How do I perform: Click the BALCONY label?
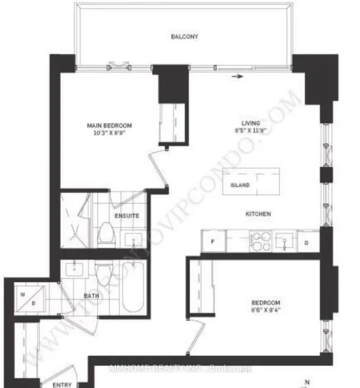tap(185, 37)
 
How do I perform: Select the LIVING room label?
tap(251, 123)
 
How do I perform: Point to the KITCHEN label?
tap(258, 214)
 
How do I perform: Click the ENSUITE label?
tap(127, 216)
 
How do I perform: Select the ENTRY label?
tap(61, 385)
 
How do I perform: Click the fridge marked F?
tap(213, 242)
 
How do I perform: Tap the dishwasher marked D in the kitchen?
tap(307, 242)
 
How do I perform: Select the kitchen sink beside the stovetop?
tap(285, 242)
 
